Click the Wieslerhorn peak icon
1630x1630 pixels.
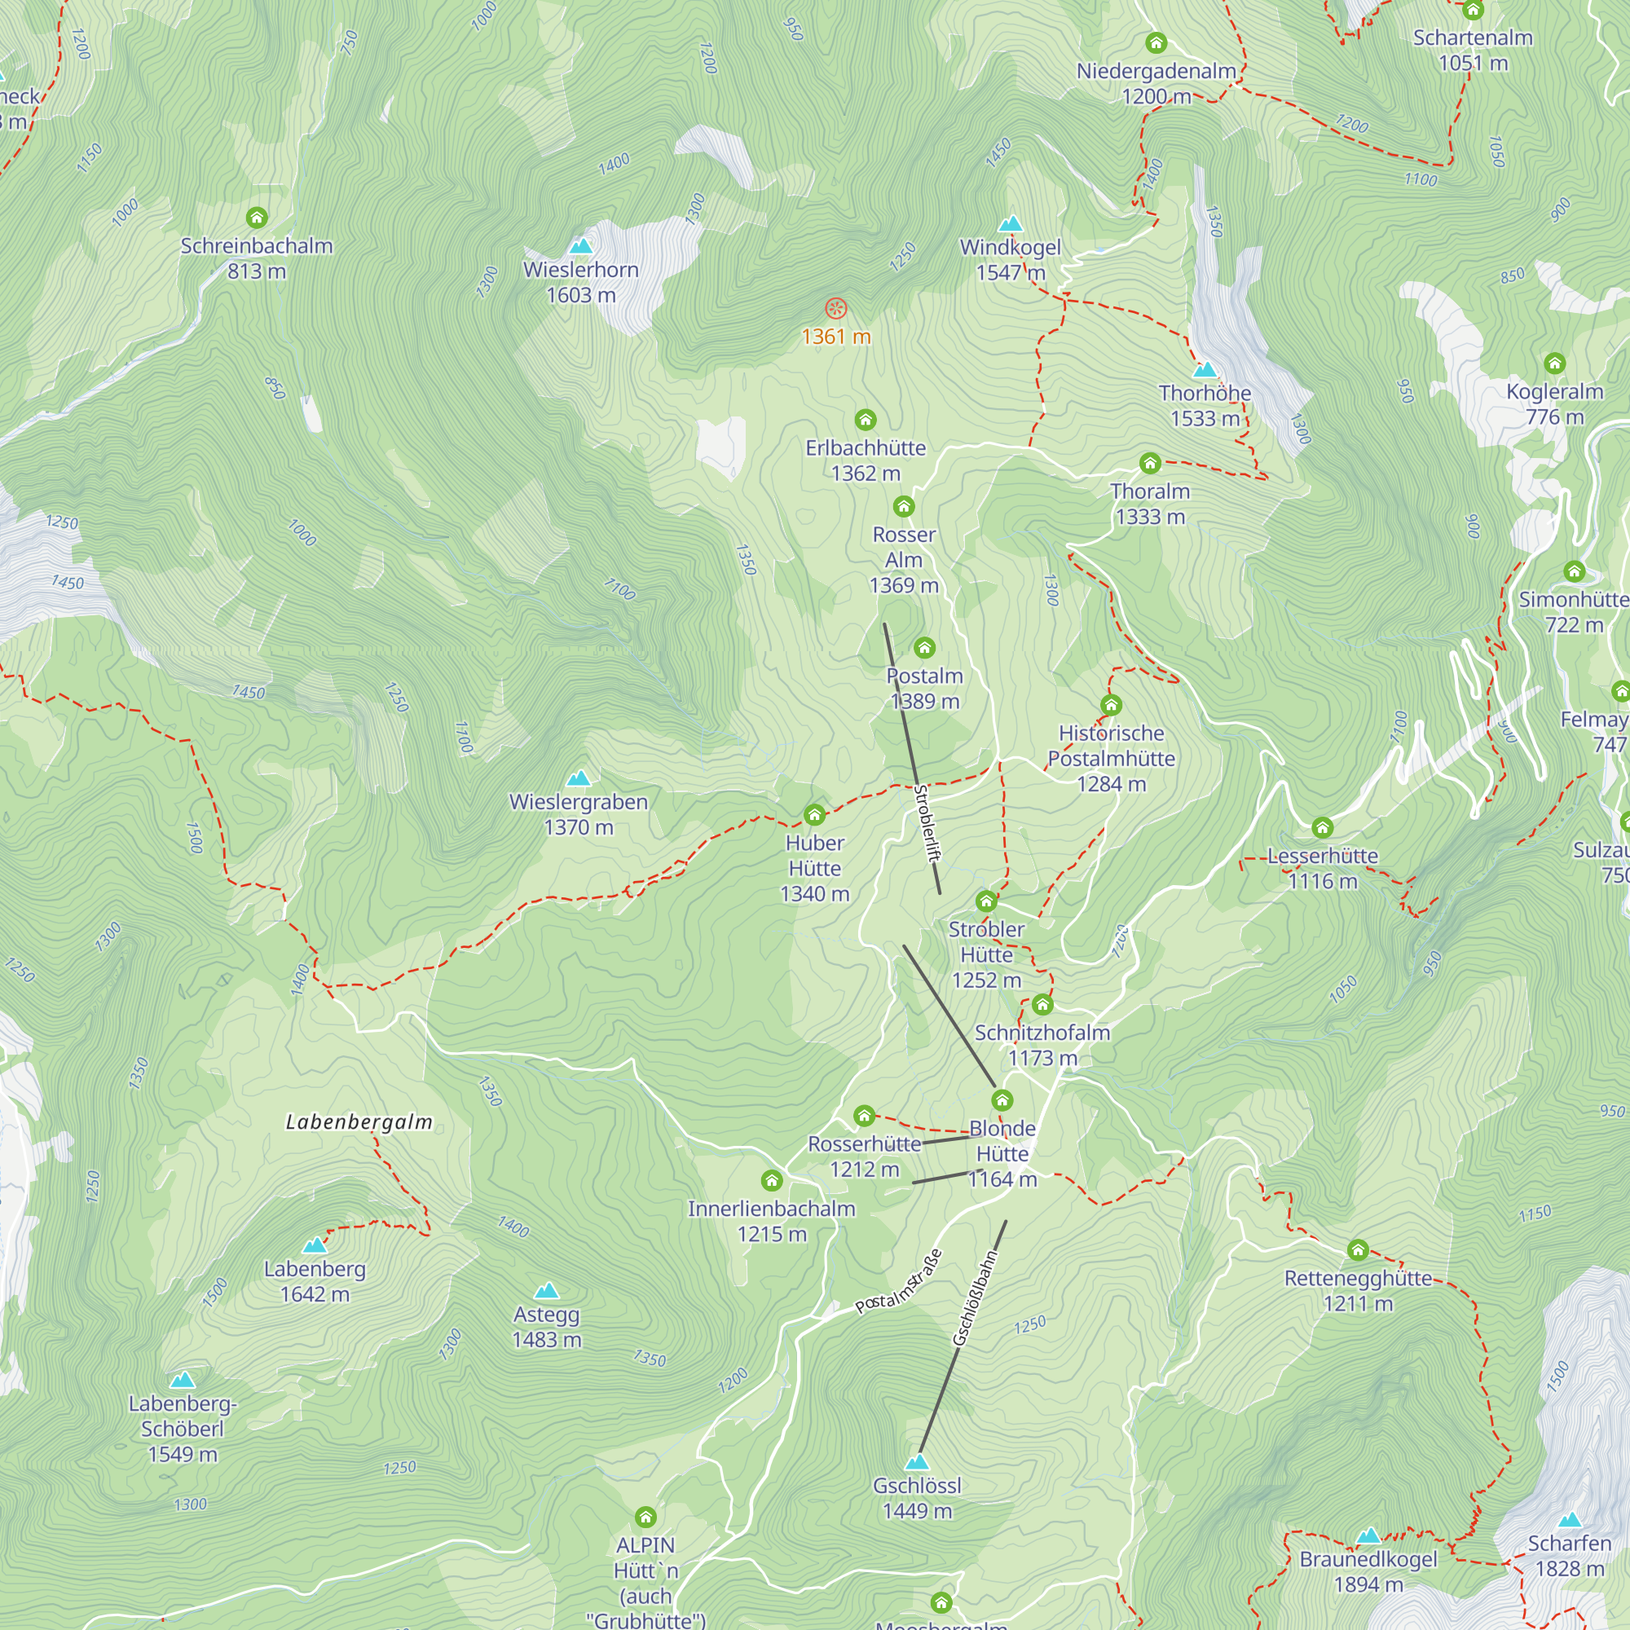pyautogui.click(x=580, y=246)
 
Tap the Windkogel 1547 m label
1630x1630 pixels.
pyautogui.click(x=1010, y=260)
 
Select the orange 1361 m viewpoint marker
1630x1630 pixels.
pyautogui.click(x=835, y=309)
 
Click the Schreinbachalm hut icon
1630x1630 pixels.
pyautogui.click(x=257, y=218)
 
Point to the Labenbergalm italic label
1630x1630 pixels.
pyautogui.click(x=359, y=1122)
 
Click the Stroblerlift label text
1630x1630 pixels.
pyautogui.click(x=927, y=823)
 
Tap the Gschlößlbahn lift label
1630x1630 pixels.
pyautogui.click(x=976, y=1297)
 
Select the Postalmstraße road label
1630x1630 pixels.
pyautogui.click(x=897, y=1280)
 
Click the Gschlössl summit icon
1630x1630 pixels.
pyautogui.click(x=916, y=1462)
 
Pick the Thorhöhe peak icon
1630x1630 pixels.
pyautogui.click(x=1205, y=369)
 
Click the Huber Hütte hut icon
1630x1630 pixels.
pyautogui.click(x=814, y=815)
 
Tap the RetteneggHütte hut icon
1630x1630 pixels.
pyautogui.click(x=1358, y=1249)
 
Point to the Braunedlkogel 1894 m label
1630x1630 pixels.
pyautogui.click(x=1368, y=1572)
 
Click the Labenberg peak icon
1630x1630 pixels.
pyautogui.click(x=314, y=1245)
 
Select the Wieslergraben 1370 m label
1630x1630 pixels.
pyautogui.click(x=579, y=814)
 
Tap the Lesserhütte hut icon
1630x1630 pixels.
pyautogui.click(x=1322, y=828)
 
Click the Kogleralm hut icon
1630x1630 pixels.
pyautogui.click(x=1554, y=363)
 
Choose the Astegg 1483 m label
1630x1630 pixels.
pyautogui.click(x=547, y=1327)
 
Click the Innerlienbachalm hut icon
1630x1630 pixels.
pyautogui.click(x=771, y=1180)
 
